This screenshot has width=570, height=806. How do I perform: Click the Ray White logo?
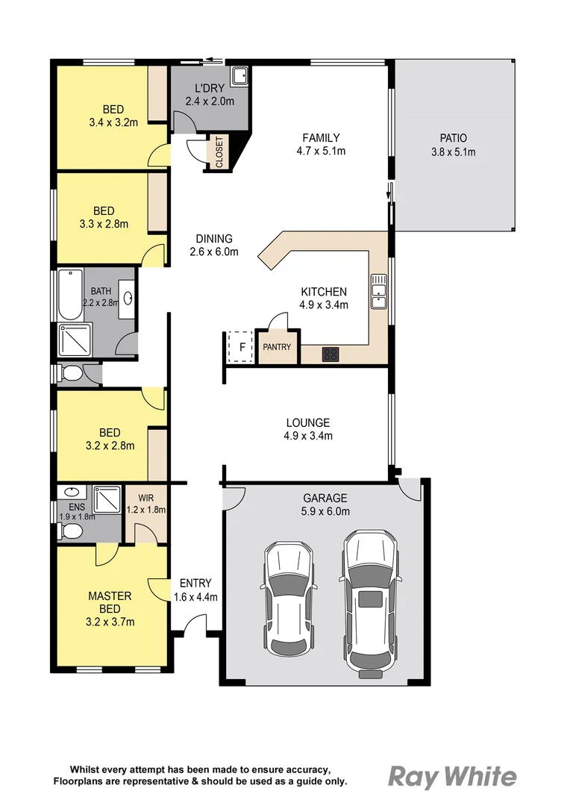452,777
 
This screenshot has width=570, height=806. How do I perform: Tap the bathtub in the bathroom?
69,295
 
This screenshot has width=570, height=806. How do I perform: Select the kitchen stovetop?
331,354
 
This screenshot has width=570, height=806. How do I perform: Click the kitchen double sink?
379,291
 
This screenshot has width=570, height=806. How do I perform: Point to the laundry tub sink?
240,76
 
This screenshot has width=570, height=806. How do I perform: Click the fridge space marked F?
241,347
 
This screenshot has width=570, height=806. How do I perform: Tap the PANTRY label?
277,348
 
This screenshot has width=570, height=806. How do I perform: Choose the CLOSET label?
219,152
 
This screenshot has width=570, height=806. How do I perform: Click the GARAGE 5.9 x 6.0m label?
325,504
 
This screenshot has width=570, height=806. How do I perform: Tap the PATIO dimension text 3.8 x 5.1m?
453,152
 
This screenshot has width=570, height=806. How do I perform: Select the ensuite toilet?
71,531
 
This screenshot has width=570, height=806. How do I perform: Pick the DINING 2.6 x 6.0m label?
214,245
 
